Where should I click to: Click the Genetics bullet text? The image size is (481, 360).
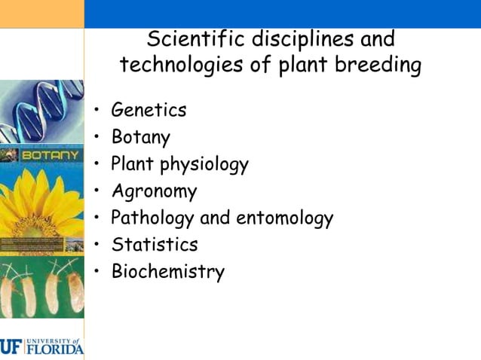pos(149,110)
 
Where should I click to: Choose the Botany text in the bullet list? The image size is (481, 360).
pos(140,137)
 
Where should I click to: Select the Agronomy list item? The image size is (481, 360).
pos(154,191)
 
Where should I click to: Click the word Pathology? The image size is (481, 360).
pos(153,218)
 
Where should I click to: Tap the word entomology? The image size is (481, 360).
pos(285,218)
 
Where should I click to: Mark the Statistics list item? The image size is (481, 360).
pos(155,245)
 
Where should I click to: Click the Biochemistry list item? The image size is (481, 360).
pos(167,272)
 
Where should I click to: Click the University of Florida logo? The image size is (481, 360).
pos(41,347)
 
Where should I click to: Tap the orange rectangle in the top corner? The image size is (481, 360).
pos(41,14)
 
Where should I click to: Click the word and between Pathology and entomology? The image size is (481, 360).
pos(216,218)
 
